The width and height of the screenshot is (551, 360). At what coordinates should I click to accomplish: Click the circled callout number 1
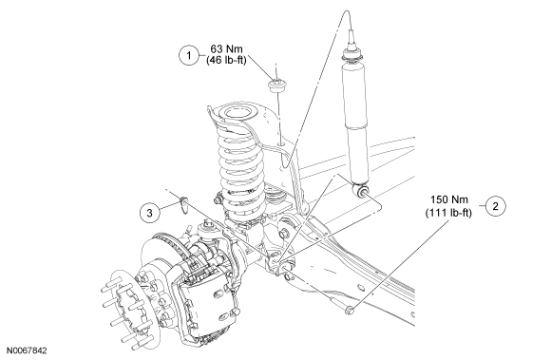coord(189,55)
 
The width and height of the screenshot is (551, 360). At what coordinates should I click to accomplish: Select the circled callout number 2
coord(496,206)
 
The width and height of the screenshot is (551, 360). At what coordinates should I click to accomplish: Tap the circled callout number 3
coord(150,213)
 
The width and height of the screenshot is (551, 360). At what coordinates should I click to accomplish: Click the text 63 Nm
coord(227,48)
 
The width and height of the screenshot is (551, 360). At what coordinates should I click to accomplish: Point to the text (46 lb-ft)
coord(227,60)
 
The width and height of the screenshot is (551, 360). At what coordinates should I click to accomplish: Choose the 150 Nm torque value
coord(449,199)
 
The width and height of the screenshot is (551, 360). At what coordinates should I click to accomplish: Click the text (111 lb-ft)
coord(448,213)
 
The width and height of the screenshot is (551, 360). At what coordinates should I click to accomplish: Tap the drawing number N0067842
coord(27,351)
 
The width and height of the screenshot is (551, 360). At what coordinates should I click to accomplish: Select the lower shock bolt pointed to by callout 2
coord(349,310)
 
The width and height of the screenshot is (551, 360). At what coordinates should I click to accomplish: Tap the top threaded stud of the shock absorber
coord(351,39)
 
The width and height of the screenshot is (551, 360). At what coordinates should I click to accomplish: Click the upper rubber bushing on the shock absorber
coord(351,55)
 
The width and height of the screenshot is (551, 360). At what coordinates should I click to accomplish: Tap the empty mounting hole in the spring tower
coord(282,144)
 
